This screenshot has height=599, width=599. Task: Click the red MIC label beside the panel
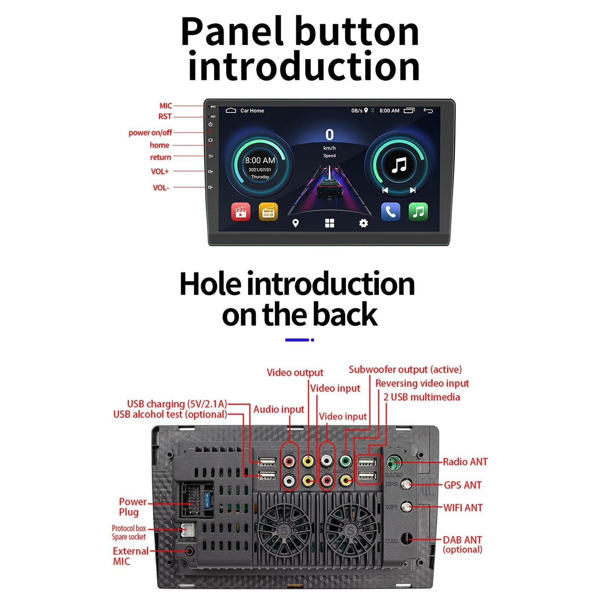165,106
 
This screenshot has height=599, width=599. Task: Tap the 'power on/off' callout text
150,133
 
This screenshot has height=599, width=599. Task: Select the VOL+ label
160,171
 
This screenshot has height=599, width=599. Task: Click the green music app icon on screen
418,212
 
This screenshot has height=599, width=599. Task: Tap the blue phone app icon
390,212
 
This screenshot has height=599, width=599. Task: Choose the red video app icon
241,212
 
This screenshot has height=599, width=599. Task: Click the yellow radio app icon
268,212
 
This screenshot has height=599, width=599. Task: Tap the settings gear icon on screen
363,223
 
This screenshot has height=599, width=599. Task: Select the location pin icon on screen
296,223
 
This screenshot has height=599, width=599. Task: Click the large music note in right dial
398,165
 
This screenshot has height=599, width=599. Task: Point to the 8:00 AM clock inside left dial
260,160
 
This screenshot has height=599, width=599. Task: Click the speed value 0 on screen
329,135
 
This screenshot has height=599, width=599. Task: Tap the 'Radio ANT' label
465,462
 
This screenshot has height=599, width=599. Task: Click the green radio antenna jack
394,461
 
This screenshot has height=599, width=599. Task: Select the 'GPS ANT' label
462,485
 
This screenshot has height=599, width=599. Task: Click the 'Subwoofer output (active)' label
405,369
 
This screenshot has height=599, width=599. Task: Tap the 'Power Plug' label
132,507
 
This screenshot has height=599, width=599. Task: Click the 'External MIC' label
130,556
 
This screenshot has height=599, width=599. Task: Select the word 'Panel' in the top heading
235,32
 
